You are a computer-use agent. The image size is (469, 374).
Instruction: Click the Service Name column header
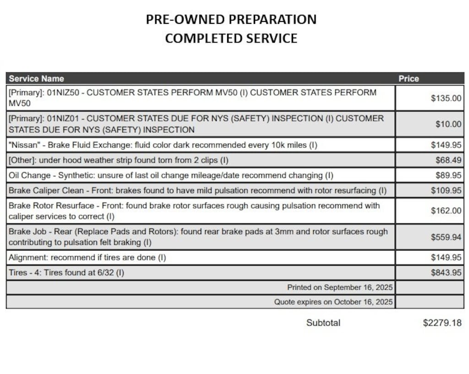(x=36, y=78)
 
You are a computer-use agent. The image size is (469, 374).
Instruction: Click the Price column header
(x=409, y=78)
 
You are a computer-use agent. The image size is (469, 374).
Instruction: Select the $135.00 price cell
(x=446, y=98)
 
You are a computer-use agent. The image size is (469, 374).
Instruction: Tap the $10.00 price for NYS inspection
(x=448, y=124)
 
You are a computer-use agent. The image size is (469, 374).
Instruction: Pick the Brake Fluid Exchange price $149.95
(x=446, y=145)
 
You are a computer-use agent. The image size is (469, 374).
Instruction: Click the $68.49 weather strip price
(x=448, y=160)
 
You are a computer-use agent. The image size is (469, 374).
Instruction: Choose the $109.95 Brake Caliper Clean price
(x=446, y=190)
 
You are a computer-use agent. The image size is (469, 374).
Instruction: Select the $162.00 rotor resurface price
(x=446, y=211)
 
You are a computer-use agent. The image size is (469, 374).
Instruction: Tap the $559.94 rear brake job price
(x=446, y=237)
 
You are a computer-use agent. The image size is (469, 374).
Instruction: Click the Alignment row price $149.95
(x=446, y=257)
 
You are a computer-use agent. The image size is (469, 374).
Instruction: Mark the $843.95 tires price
(x=446, y=272)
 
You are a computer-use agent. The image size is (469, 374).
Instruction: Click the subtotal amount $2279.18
(x=442, y=323)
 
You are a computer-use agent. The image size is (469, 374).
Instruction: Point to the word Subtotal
(x=323, y=323)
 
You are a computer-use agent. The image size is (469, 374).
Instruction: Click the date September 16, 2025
(x=358, y=287)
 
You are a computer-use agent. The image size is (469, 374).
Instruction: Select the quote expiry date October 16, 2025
(x=363, y=302)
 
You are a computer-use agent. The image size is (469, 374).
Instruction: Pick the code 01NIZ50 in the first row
(x=65, y=92)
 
